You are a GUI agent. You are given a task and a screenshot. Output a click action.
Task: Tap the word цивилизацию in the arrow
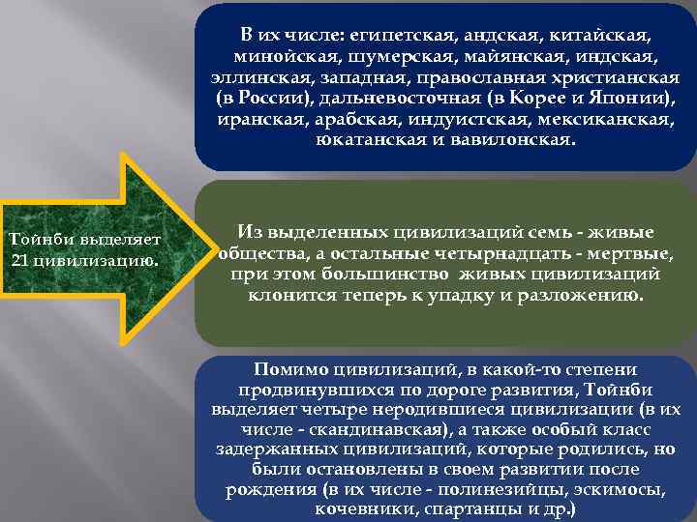pyautogui.click(x=91, y=259)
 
